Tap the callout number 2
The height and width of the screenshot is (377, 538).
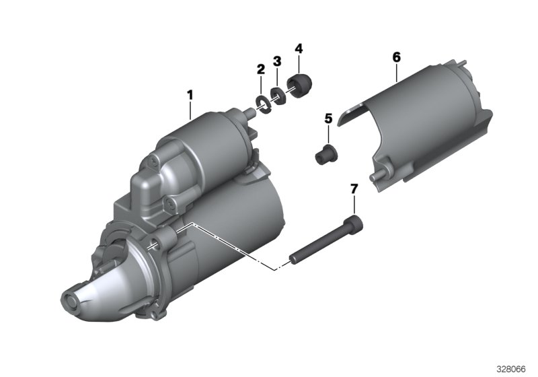pyautogui.click(x=261, y=69)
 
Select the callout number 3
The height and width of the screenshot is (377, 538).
pyautogui.click(x=277, y=61)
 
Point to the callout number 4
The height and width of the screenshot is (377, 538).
pyautogui.click(x=299, y=48)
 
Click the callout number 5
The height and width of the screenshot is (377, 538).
pyautogui.click(x=328, y=118)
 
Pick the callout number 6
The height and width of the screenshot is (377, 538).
pyautogui.click(x=396, y=57)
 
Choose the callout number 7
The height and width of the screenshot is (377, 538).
pyautogui.click(x=354, y=188)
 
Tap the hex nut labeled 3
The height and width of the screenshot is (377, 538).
pyautogui.click(x=278, y=96)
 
